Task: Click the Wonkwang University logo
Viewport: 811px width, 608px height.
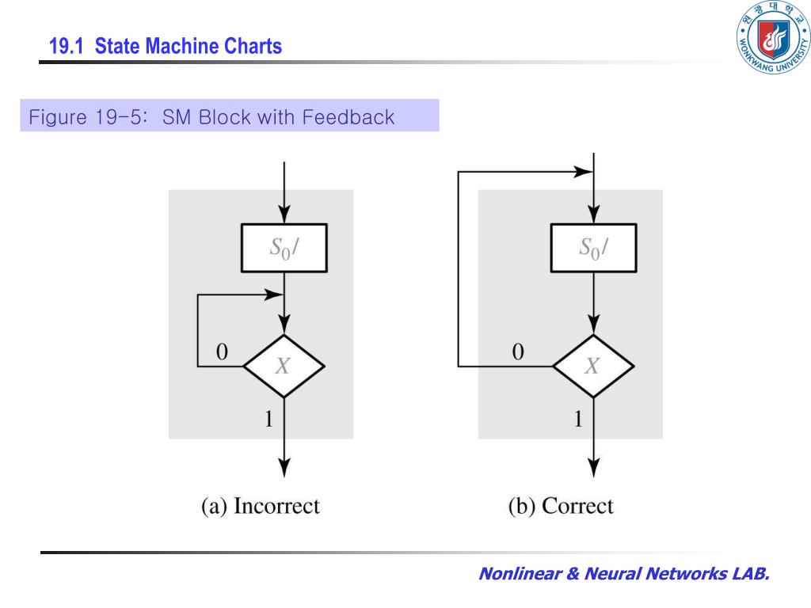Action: point(773,37)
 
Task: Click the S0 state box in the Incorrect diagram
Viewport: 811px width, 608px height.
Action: point(284,248)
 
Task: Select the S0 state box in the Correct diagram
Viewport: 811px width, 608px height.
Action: point(593,248)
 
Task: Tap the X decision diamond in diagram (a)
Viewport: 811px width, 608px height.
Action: point(284,366)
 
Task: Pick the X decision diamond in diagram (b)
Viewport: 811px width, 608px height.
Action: point(593,366)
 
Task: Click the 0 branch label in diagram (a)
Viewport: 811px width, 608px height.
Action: point(222,351)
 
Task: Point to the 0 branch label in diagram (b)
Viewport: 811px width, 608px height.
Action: point(518,351)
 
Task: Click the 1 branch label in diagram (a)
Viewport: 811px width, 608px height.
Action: point(268,418)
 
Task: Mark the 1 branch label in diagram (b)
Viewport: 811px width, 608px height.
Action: point(578,418)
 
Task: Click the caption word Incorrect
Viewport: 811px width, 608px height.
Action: point(276,506)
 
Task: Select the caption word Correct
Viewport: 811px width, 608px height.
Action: point(577,506)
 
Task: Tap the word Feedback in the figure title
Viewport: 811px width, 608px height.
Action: point(348,117)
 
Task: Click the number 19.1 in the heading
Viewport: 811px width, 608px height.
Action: point(67,46)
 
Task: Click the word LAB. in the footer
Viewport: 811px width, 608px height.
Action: point(751,573)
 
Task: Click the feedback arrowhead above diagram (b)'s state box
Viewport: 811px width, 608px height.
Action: point(584,172)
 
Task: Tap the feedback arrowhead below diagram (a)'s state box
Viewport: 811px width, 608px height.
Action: point(274,294)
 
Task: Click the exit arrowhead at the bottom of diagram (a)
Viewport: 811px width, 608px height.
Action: point(284,467)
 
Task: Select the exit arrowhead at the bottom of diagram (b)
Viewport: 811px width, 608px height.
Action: point(594,467)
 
